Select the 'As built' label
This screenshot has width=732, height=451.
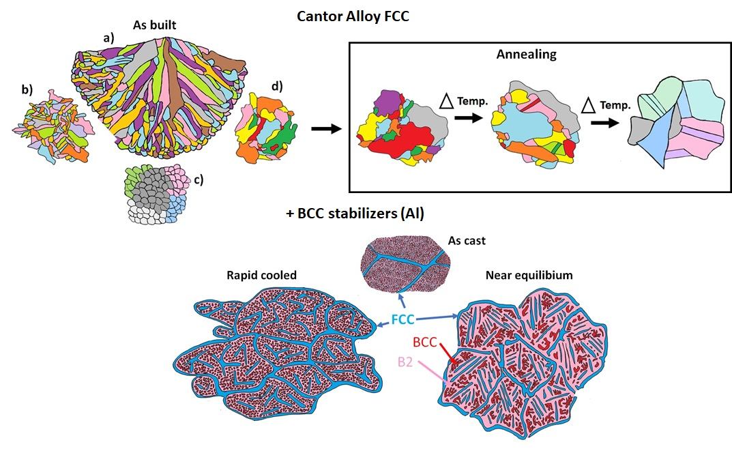tap(154, 25)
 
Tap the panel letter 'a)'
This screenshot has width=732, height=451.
tap(108, 38)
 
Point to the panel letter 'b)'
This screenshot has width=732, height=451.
tap(27, 89)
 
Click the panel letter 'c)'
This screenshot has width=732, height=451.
tap(199, 180)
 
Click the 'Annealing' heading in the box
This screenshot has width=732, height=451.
tap(526, 54)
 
